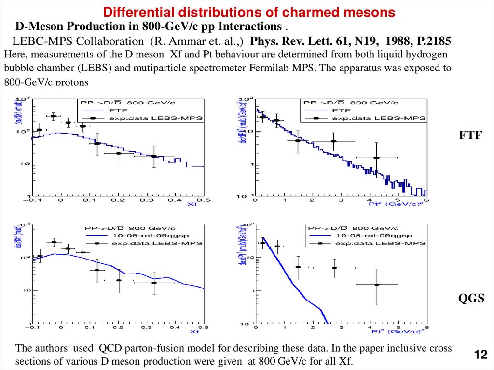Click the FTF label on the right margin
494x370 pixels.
tap(470, 136)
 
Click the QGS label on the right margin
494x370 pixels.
tap(471, 299)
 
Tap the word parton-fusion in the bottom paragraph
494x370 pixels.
tap(156, 348)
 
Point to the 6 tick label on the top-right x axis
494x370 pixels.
tap(427, 199)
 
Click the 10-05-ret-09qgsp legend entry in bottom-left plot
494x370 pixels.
tap(139, 236)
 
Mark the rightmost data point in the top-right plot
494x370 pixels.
tap(376, 158)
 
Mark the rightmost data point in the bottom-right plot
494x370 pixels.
tap(377, 285)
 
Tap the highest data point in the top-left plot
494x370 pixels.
tap(54, 116)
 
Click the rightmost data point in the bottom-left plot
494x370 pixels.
tap(154, 283)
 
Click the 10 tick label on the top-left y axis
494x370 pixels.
tap(23, 164)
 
